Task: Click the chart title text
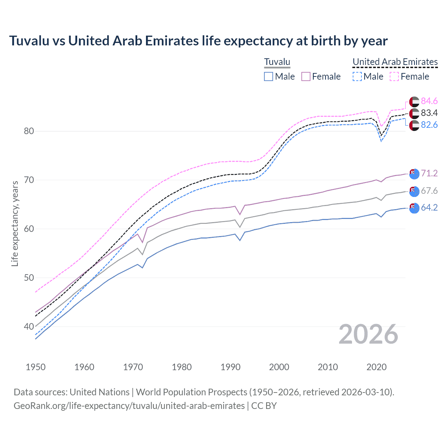pos(198,41)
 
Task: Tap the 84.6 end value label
pos(429,101)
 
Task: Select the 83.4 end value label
pos(429,113)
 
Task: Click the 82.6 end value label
pos(429,125)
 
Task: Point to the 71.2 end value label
pos(429,174)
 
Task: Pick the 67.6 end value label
pos(429,191)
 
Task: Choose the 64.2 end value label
pos(429,208)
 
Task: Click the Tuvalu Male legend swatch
pos(268,76)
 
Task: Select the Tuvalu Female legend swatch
pos(306,76)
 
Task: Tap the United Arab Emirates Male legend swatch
pos(357,76)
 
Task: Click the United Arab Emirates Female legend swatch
pos(394,76)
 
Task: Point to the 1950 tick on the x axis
pos(36,367)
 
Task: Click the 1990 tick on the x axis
pos(230,367)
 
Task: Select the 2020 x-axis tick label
pos(376,367)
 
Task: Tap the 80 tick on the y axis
pos(29,131)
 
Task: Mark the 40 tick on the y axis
pos(29,327)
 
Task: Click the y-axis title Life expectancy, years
pos(15,223)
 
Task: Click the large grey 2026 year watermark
pos(368,335)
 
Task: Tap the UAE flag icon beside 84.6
pos(414,102)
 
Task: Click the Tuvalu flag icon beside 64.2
pos(414,208)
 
